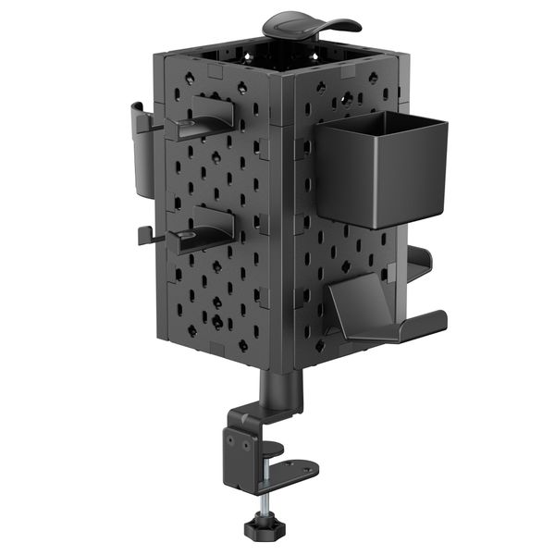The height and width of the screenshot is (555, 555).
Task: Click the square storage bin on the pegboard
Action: pyautogui.click(x=381, y=171)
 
